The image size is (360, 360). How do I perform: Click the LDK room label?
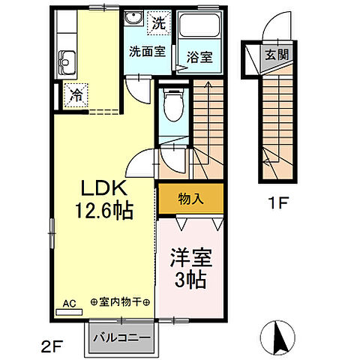(104, 188)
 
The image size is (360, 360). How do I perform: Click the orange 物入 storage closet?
(190, 199)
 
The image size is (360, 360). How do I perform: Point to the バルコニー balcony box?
(122, 337)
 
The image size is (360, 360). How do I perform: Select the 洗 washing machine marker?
(158, 22)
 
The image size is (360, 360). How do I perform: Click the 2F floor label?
(51, 346)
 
